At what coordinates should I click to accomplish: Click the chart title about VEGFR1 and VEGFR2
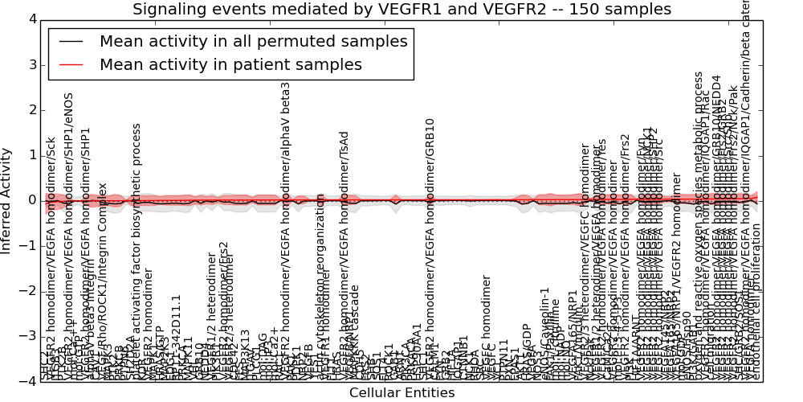[x=401, y=10]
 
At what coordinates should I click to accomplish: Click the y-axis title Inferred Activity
[x=7, y=200]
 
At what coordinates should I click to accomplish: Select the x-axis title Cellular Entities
[x=401, y=393]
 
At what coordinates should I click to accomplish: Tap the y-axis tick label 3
[x=31, y=64]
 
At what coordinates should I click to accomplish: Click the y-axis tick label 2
[x=31, y=110]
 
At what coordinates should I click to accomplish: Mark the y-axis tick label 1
[x=31, y=155]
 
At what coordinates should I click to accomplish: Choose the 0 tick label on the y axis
[x=31, y=200]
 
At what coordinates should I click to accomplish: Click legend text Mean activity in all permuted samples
[x=254, y=41]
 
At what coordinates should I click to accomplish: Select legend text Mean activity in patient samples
[x=230, y=64]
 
